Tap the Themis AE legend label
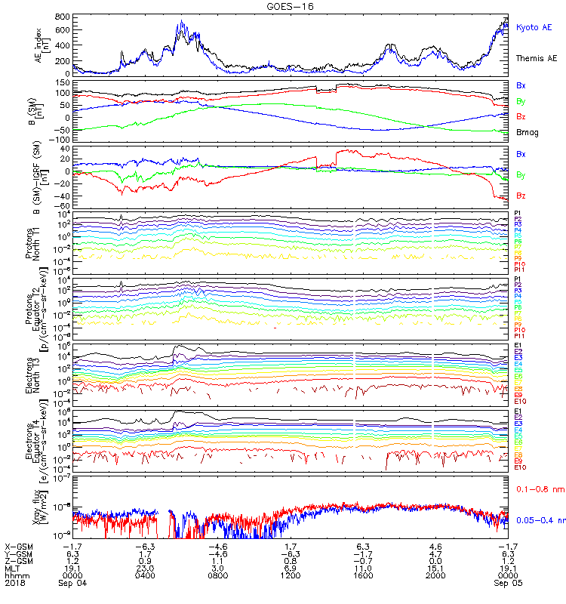click(537, 57)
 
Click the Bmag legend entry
click(527, 132)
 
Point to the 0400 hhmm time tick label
click(146, 575)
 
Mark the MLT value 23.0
click(146, 568)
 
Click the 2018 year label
click(14, 583)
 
